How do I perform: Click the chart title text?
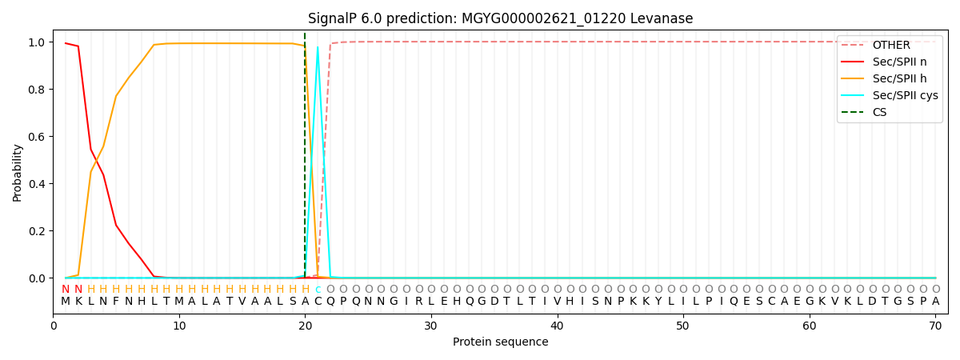(x=500, y=18)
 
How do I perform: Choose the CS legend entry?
(x=879, y=113)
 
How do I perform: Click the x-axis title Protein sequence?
(x=500, y=342)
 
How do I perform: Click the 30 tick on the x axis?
(x=431, y=326)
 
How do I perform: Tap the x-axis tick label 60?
(x=810, y=326)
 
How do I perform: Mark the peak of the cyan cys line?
(x=318, y=47)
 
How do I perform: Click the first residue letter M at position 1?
(x=66, y=302)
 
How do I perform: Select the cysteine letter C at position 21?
(x=318, y=302)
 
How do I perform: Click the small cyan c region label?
(x=318, y=290)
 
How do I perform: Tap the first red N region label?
(x=66, y=290)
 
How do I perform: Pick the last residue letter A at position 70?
(x=935, y=302)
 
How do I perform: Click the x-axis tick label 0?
(x=54, y=326)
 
